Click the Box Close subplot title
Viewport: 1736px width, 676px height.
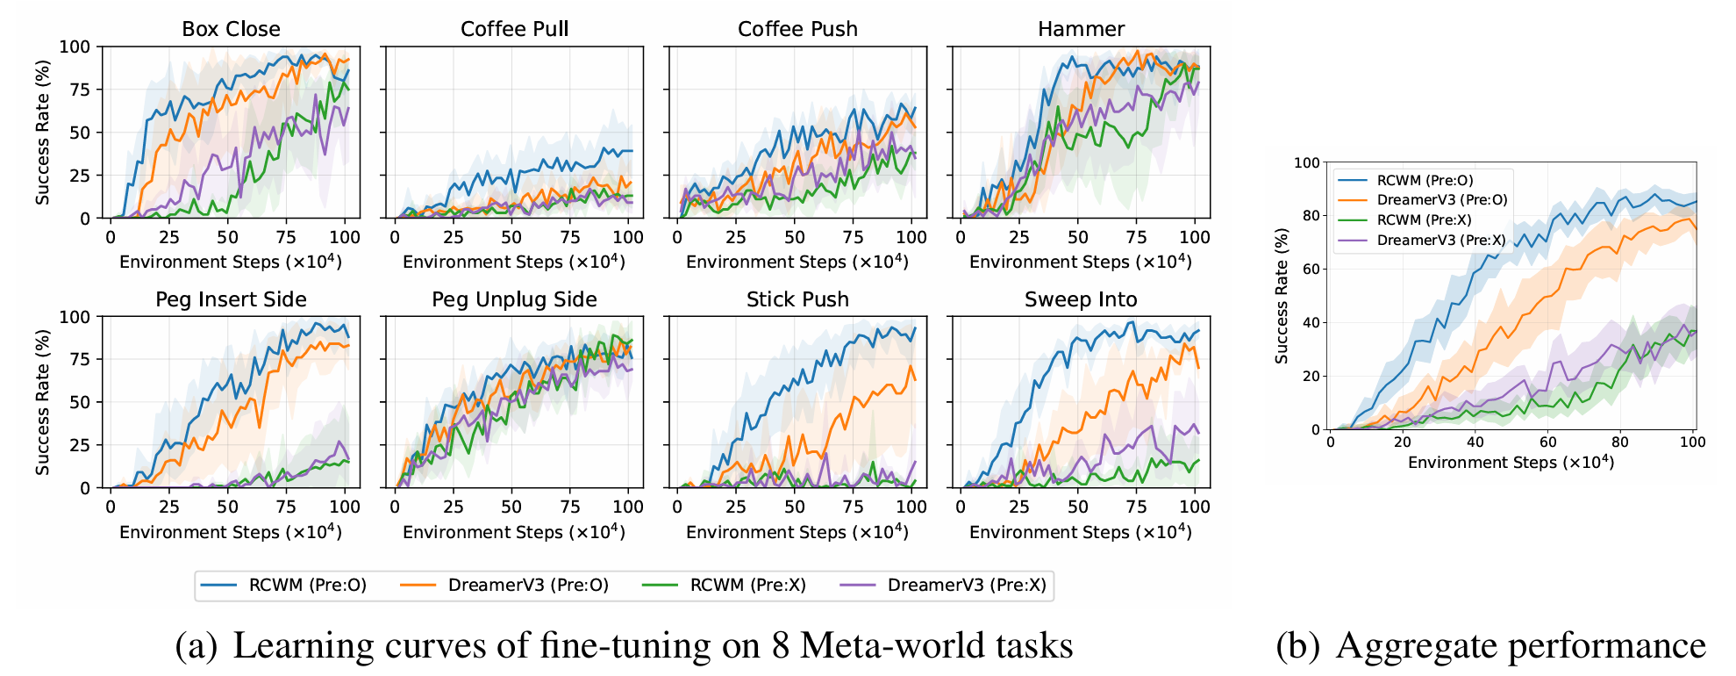pos(231,29)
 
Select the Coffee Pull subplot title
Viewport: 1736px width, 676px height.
pos(514,29)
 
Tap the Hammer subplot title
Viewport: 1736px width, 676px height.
pos(1081,29)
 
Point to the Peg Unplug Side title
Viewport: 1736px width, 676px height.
pos(514,299)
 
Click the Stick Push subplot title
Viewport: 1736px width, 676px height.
pos(797,299)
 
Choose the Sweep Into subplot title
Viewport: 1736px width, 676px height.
pos(1081,299)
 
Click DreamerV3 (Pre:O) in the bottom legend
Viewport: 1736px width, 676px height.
pos(527,586)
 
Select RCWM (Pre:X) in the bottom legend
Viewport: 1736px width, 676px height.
pos(747,586)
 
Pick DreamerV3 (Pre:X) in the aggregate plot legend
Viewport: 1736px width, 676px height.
pos(1440,240)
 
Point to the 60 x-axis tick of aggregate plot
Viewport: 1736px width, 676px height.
pos(1547,442)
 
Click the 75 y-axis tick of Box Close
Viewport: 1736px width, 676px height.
pos(81,90)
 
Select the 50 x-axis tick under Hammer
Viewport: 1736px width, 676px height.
pos(1077,237)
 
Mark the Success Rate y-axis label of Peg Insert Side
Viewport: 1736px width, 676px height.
pos(42,402)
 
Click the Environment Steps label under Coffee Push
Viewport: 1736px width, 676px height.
pos(797,262)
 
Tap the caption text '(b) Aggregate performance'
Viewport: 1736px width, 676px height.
pos(1490,645)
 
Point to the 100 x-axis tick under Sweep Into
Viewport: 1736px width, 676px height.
pos(1194,507)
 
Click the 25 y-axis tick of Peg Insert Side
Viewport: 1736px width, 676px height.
pos(81,445)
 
